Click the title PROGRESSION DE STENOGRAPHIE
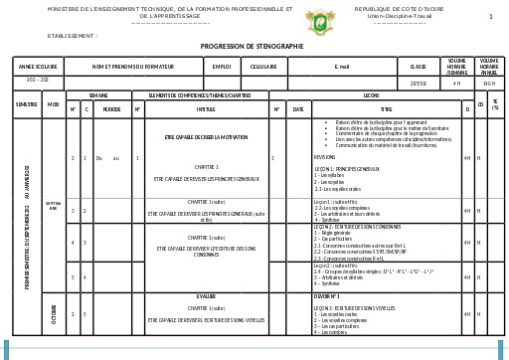[253, 46]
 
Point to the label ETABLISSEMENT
[73, 35]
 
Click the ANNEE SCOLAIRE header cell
[38, 66]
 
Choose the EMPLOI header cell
[221, 66]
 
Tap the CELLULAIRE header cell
[263, 66]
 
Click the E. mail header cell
[342, 66]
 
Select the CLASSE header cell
[419, 66]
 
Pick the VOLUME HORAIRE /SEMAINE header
[457, 66]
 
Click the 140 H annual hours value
[489, 84]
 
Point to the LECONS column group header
[371, 95]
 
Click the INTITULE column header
[206, 108]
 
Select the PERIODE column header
[112, 108]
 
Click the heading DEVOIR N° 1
[328, 296]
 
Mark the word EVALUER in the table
[206, 296]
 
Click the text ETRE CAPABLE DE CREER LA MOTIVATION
[206, 136]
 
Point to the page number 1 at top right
[490, 17]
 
